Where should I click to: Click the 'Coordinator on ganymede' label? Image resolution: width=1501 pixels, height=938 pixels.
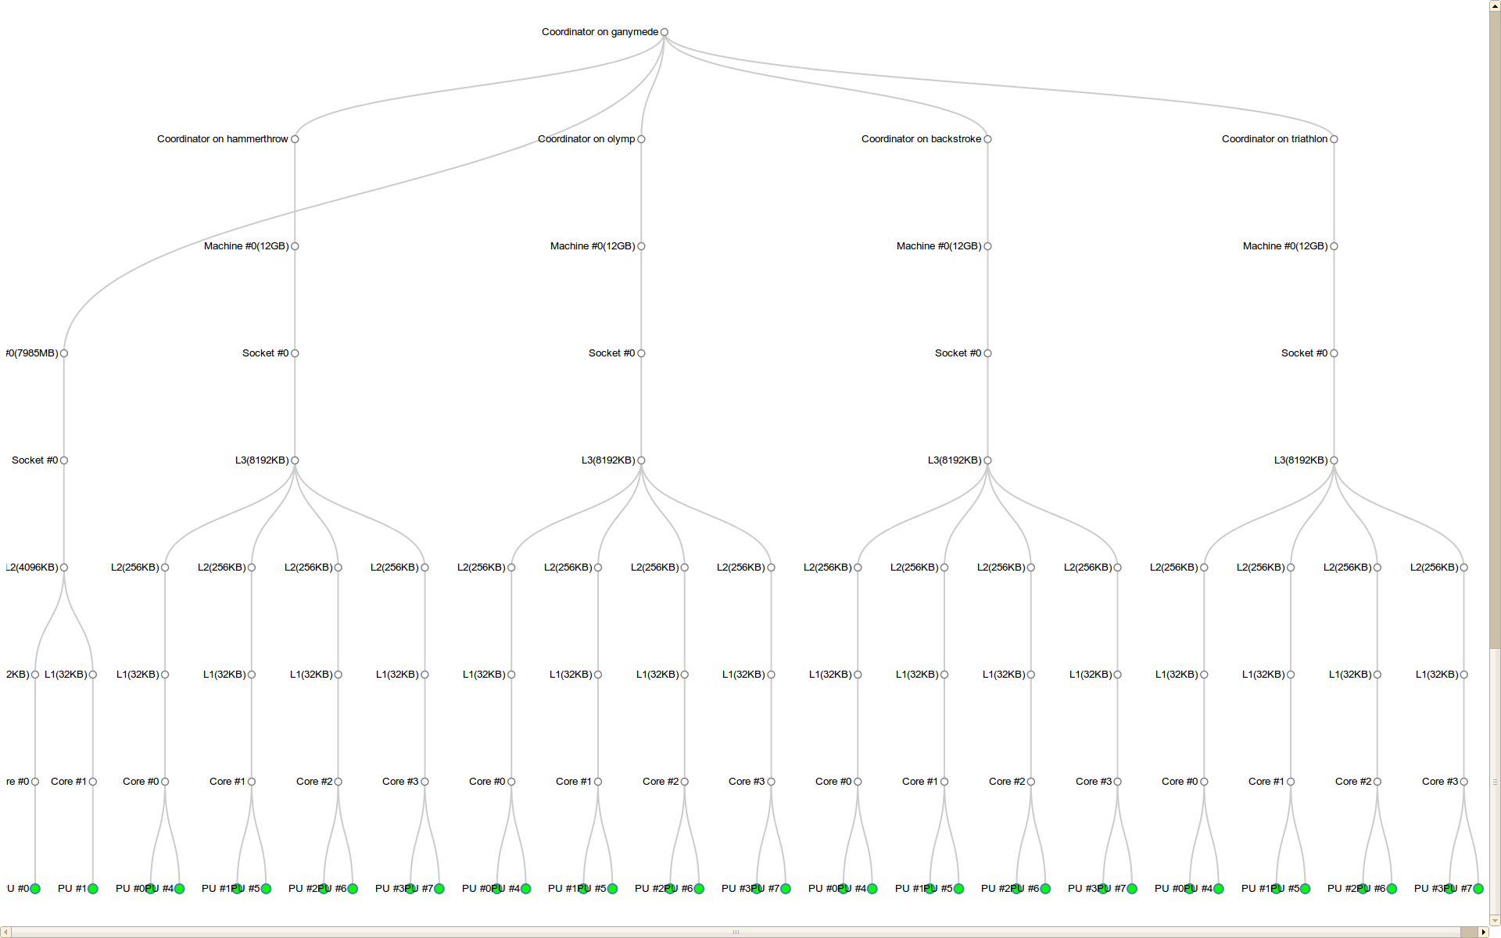pyautogui.click(x=600, y=32)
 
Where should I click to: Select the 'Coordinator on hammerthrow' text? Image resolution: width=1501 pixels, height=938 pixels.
pyautogui.click(x=222, y=139)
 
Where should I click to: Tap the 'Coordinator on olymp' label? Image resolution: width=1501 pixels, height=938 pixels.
pyautogui.click(x=586, y=139)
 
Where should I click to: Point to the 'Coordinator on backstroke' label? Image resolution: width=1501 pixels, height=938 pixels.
pyautogui.click(x=921, y=139)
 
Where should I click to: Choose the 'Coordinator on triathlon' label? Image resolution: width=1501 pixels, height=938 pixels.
pyautogui.click(x=1274, y=139)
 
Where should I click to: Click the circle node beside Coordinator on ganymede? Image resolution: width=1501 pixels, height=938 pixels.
pyautogui.click(x=665, y=32)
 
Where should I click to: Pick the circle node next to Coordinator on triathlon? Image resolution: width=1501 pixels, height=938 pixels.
pyautogui.click(x=1334, y=139)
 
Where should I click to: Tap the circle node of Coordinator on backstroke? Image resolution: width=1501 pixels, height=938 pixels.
pyautogui.click(x=988, y=139)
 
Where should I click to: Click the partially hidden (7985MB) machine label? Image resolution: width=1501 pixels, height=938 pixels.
pyautogui.click(x=31, y=353)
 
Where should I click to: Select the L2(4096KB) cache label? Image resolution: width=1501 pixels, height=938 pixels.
pyautogui.click(x=31, y=567)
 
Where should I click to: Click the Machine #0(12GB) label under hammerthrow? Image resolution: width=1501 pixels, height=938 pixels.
pyautogui.click(x=246, y=246)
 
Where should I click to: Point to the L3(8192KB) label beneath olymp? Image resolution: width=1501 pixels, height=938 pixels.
pyautogui.click(x=608, y=460)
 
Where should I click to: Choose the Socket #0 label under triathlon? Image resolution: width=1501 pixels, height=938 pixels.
pyautogui.click(x=1304, y=353)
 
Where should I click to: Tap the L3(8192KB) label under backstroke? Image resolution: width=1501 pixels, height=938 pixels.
pyautogui.click(x=955, y=460)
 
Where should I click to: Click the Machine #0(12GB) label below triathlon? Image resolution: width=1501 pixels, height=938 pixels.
pyautogui.click(x=1285, y=246)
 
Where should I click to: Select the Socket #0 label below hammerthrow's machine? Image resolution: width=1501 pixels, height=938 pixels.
pyautogui.click(x=265, y=353)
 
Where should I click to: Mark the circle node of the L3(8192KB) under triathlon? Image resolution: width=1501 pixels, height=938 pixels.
pyautogui.click(x=1334, y=460)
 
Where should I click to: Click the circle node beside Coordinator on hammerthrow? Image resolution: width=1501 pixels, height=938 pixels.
pyautogui.click(x=295, y=139)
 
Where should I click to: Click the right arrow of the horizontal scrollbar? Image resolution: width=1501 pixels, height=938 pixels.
pyautogui.click(x=1484, y=932)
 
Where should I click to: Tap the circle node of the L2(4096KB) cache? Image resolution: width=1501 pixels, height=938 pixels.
pyautogui.click(x=64, y=567)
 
